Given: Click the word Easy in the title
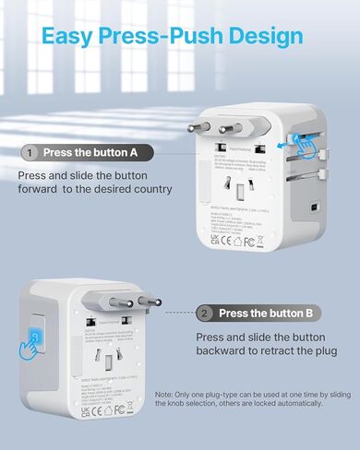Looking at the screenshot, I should pyautogui.click(x=75, y=37).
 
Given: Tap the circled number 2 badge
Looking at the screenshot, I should pyautogui.click(x=205, y=313).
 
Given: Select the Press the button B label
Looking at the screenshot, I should pyautogui.click(x=267, y=313).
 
